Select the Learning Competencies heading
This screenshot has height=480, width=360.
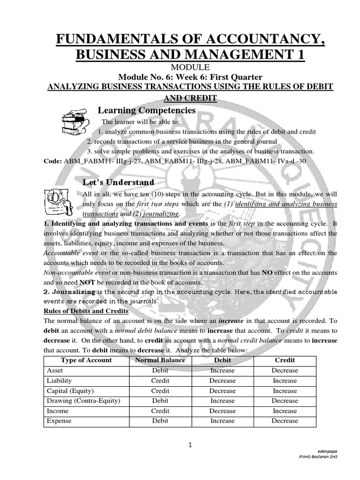(x=146, y=110)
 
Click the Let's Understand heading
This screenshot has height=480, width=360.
(x=118, y=182)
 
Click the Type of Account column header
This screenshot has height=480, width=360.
(x=86, y=360)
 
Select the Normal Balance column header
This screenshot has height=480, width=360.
(x=160, y=360)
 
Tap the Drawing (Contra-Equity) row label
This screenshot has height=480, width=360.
(x=83, y=401)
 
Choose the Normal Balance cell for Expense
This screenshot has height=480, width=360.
(x=160, y=421)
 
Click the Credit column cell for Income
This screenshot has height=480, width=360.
(x=285, y=411)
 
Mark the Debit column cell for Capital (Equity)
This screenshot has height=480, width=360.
(x=222, y=390)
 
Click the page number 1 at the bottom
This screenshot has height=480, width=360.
(x=190, y=445)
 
